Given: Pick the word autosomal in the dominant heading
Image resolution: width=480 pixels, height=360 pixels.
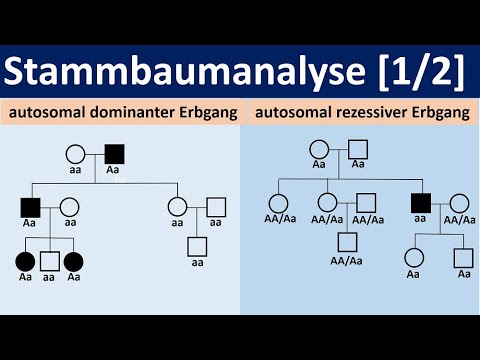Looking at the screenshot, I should [x=50, y=113].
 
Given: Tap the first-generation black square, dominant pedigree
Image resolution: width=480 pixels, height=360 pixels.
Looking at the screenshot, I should [x=113, y=155].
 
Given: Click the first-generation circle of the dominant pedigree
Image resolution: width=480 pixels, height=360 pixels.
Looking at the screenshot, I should [x=74, y=155].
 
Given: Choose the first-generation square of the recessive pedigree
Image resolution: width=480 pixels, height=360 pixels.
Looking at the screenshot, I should [x=358, y=148].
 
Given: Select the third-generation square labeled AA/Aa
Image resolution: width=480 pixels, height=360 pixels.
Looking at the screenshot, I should [x=348, y=241].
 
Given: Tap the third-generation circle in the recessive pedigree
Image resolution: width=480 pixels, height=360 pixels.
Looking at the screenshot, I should [x=413, y=257].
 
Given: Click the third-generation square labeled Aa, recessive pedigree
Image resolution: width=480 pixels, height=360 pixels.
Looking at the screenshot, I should [x=462, y=257].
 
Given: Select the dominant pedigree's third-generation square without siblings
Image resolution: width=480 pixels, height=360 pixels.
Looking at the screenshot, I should [x=197, y=245].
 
